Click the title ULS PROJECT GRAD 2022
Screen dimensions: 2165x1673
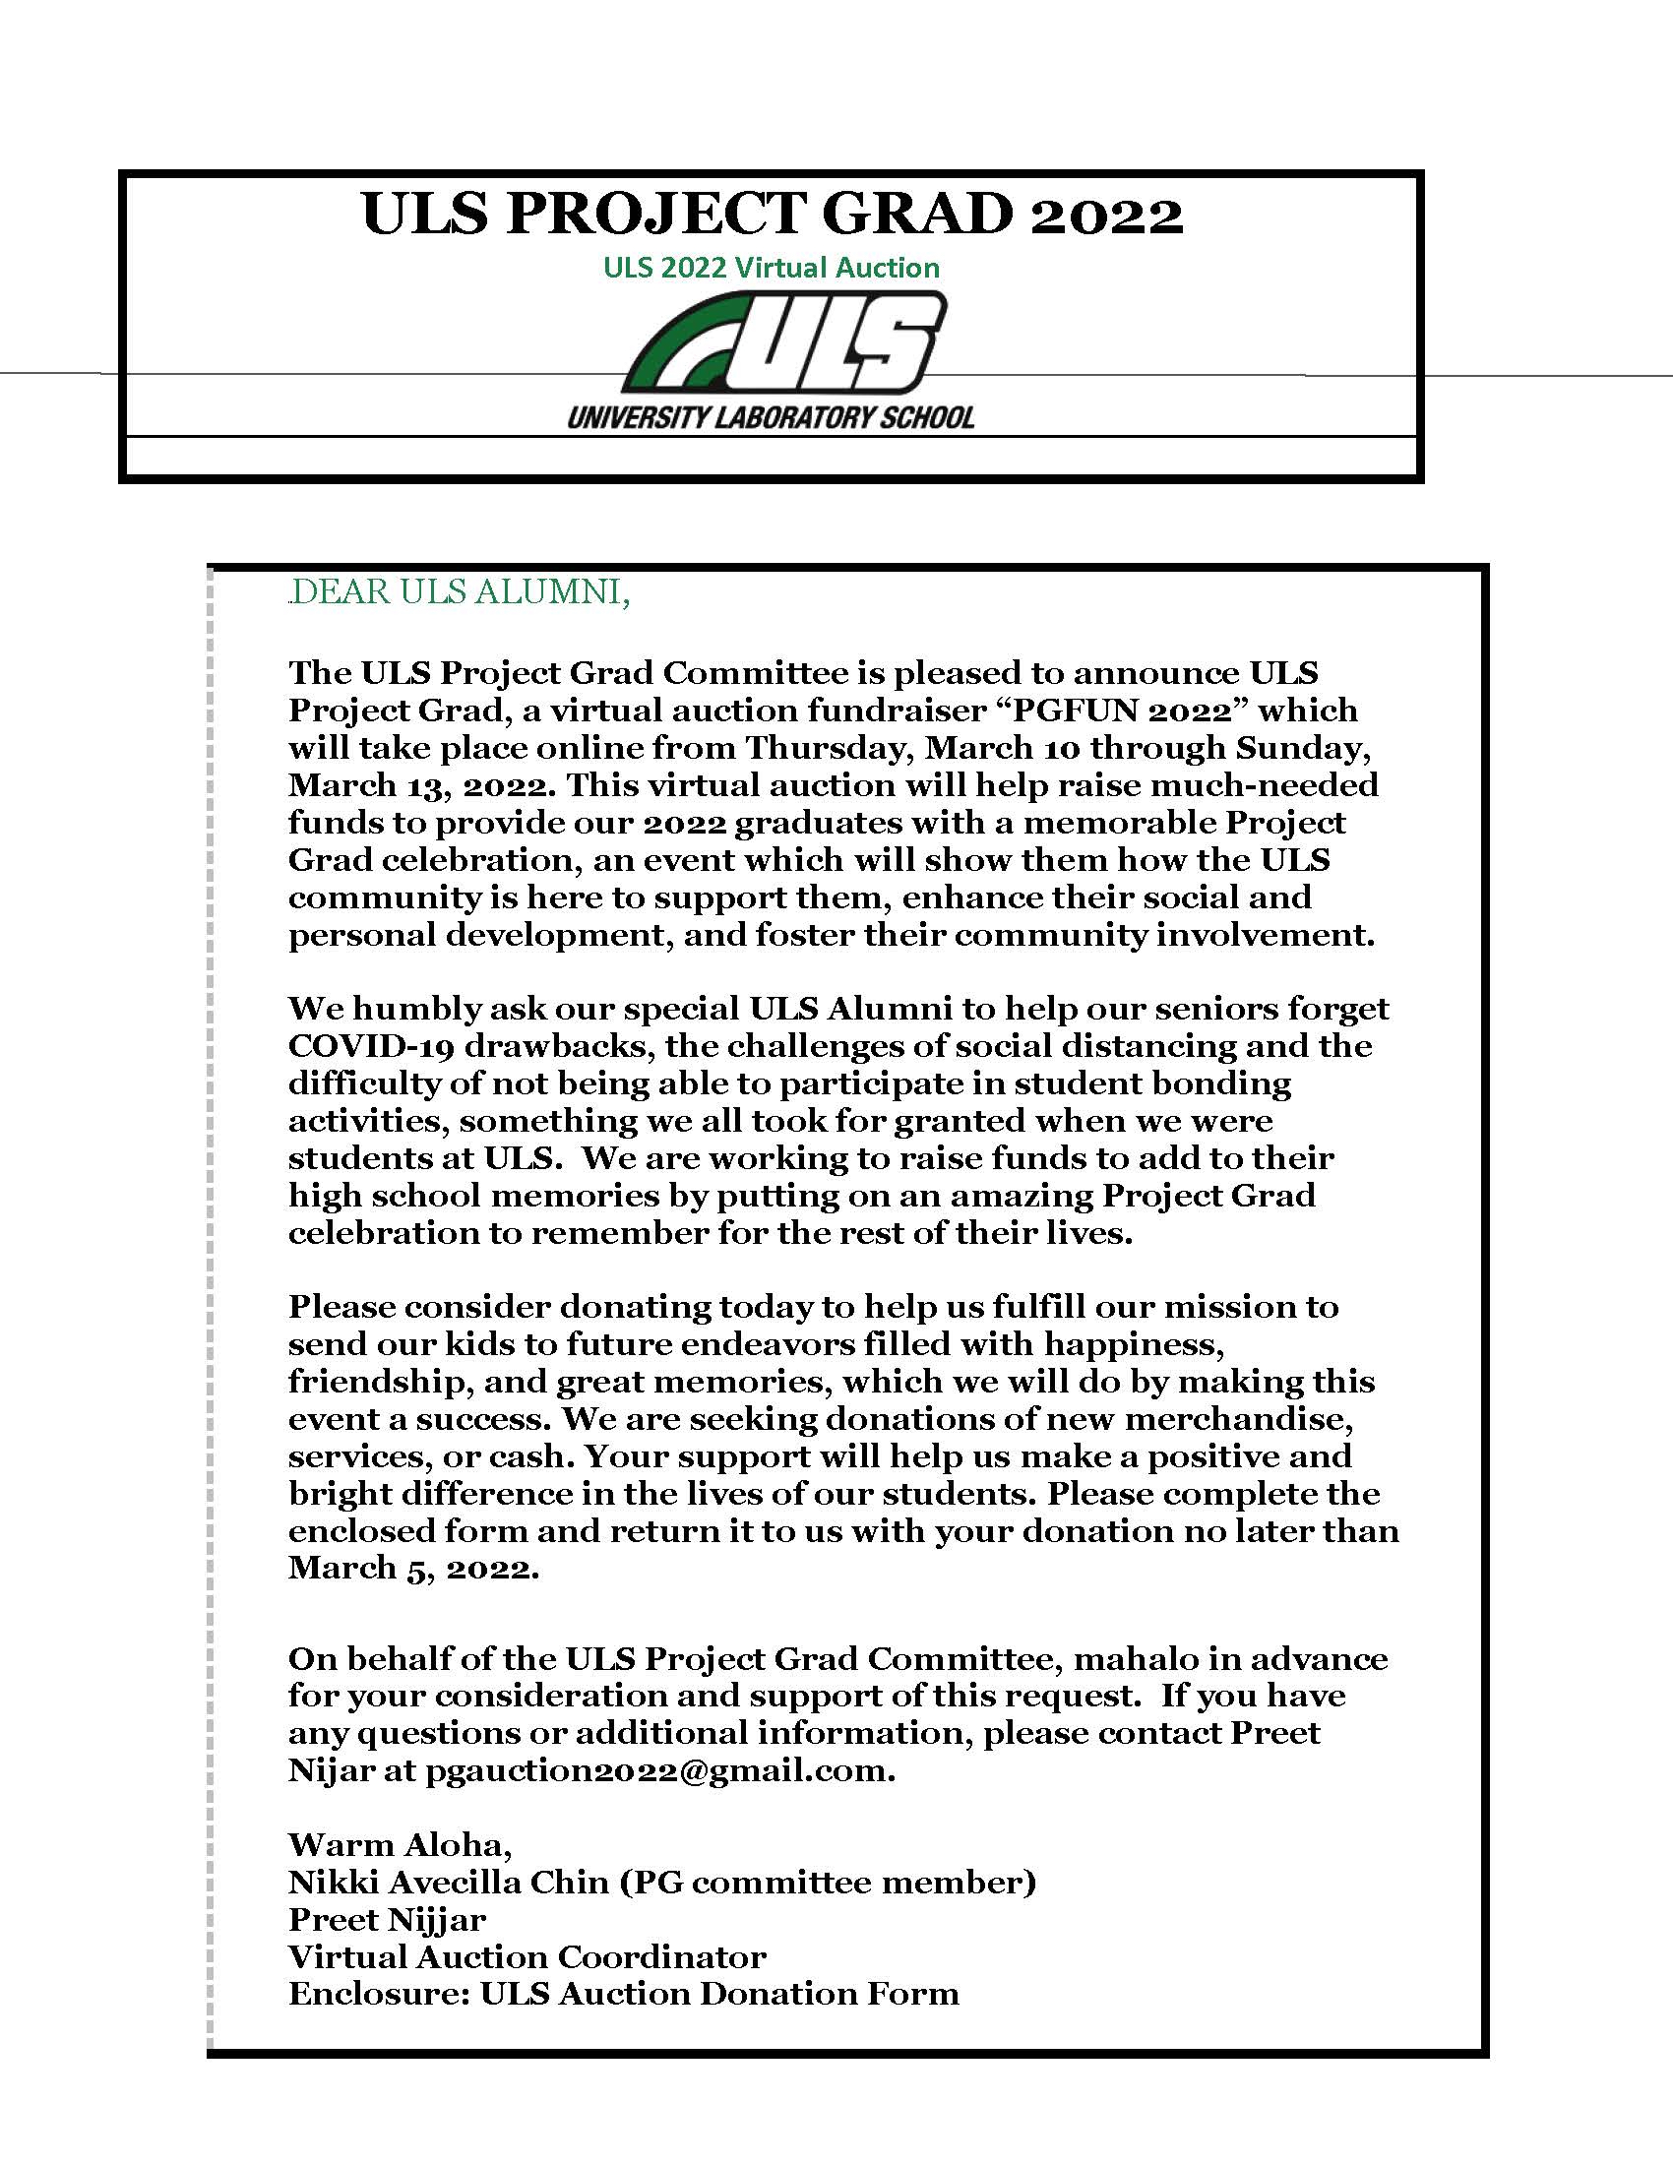point(773,214)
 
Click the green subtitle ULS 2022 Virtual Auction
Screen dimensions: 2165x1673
point(772,268)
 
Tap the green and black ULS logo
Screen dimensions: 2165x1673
point(783,343)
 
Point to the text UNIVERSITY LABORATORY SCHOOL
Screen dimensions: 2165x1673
point(772,417)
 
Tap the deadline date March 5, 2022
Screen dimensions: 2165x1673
point(413,1569)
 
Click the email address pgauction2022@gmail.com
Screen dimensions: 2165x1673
point(660,1770)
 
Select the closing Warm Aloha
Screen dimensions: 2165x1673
point(401,1845)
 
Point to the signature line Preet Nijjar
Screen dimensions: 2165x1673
point(387,1920)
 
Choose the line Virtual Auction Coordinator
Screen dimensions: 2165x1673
point(527,1956)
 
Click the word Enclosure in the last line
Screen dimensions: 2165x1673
point(377,1995)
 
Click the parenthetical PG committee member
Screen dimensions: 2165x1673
point(828,1883)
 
